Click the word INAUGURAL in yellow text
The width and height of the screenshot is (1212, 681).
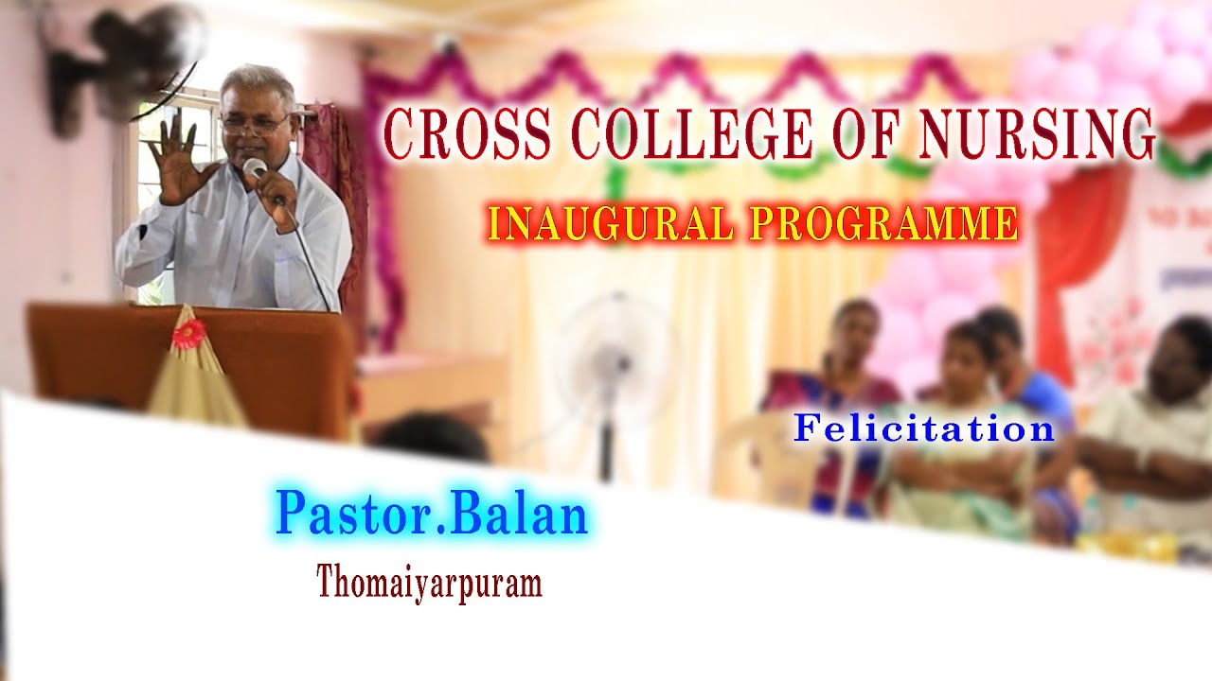[611, 224]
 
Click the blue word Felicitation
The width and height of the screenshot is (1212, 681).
[923, 428]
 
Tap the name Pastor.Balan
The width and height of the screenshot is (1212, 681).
[432, 515]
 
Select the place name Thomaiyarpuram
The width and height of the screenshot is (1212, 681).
[429, 582]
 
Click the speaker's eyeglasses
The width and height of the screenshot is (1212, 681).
[253, 124]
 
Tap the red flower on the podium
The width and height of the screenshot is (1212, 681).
[187, 333]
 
